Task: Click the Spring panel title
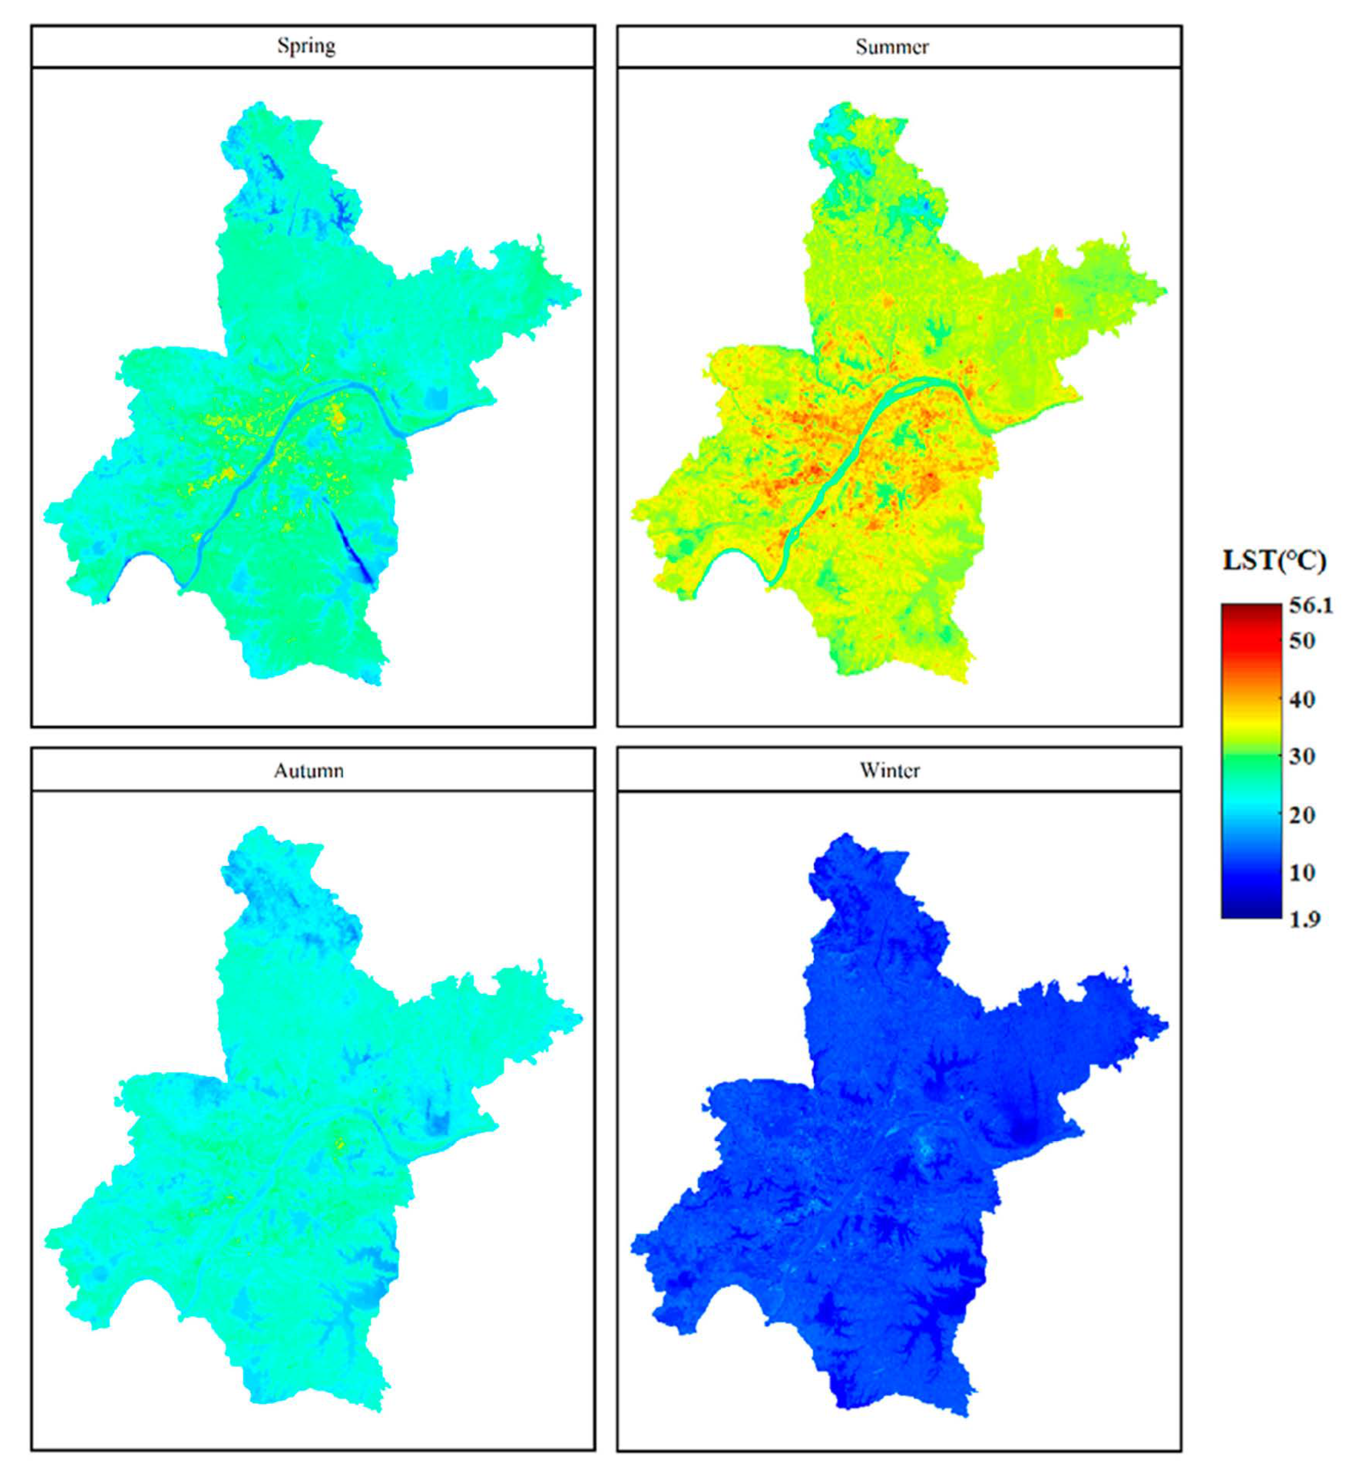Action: pos(306,46)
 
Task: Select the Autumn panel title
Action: pos(309,771)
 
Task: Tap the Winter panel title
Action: pos(890,771)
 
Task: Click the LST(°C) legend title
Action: pos(1274,561)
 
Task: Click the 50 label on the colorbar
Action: pos(1302,641)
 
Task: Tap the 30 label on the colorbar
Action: pos(1302,756)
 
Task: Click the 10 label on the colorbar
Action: pos(1302,872)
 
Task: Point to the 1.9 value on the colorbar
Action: pos(1305,918)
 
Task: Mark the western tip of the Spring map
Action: pos(46,512)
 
